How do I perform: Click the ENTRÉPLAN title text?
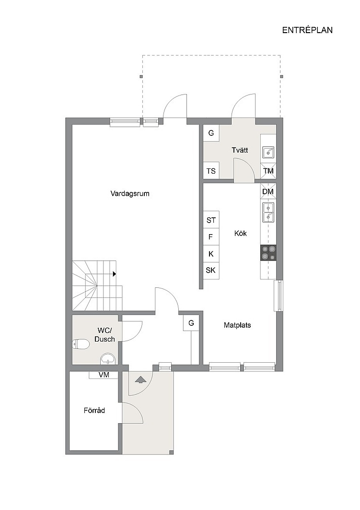(307, 30)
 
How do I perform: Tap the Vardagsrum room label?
(130, 194)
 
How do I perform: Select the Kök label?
(241, 233)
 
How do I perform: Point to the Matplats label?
(237, 325)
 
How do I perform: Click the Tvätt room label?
(240, 150)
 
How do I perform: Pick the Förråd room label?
(94, 411)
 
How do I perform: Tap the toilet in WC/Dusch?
(81, 344)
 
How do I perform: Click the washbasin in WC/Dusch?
(107, 359)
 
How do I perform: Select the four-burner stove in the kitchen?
(268, 253)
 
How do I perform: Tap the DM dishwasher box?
(268, 192)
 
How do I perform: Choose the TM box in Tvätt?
(268, 171)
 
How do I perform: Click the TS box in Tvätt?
(211, 171)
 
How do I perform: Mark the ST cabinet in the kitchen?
(211, 220)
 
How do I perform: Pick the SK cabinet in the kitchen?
(211, 270)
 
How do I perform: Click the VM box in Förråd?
(104, 375)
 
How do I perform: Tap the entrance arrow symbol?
(140, 380)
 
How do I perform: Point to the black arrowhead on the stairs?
(115, 274)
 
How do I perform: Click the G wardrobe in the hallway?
(191, 323)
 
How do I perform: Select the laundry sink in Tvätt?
(268, 152)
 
